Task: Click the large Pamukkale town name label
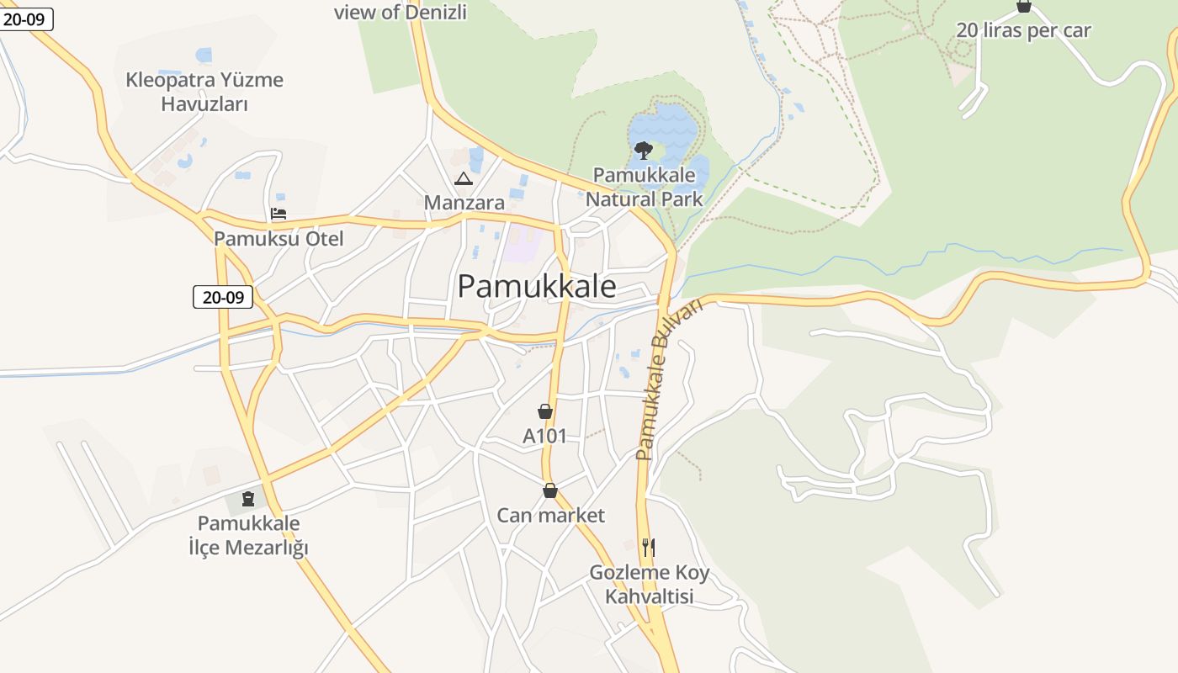point(537,287)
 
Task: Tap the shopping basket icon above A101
point(545,411)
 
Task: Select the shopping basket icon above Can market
point(550,490)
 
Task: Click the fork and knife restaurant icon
point(648,548)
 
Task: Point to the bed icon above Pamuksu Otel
point(279,214)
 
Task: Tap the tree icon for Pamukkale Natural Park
point(644,151)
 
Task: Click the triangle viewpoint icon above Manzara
point(464,178)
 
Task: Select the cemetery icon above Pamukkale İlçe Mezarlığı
point(248,500)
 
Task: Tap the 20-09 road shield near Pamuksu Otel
point(223,297)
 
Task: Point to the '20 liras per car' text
point(1023,30)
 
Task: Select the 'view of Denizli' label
point(401,12)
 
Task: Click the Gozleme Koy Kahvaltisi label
point(650,585)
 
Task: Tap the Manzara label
point(464,203)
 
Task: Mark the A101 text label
point(545,436)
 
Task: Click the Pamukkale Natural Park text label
point(645,187)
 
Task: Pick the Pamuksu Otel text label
point(279,239)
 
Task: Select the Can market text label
point(551,515)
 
